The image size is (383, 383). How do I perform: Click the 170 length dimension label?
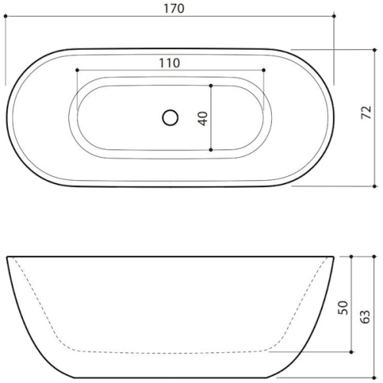pos(174,8)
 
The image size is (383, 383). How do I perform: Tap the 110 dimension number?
pos(169,63)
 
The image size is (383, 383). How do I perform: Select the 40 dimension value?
pos(203,118)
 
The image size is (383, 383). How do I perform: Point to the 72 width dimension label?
pos(366,113)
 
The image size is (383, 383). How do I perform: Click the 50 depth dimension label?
pos(343,308)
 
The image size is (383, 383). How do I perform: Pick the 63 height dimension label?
pos(365,316)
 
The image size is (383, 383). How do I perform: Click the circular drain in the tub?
pos(170,118)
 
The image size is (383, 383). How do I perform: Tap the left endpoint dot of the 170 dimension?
pos(5,16)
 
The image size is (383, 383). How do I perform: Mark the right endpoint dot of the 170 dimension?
pos(334,16)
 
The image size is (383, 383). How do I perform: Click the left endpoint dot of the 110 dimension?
pos(77,70)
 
